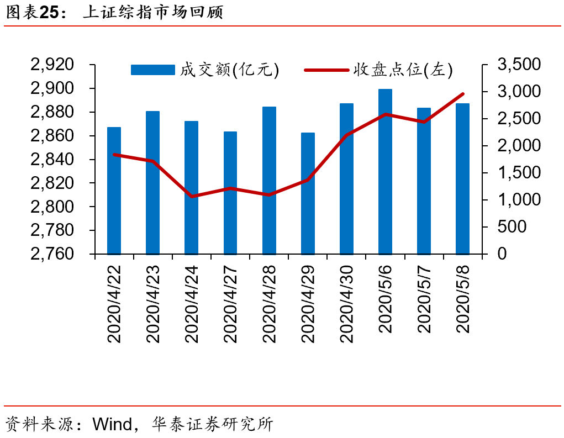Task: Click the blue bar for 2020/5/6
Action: tap(385, 171)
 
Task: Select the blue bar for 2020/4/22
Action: tap(114, 191)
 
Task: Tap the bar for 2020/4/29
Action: tap(308, 193)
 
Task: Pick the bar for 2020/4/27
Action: tap(230, 193)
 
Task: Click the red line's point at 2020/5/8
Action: tap(462, 94)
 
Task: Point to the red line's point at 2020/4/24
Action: tap(192, 196)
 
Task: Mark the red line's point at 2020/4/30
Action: tap(346, 135)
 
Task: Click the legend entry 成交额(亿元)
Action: tap(204, 70)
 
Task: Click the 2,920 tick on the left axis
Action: tap(53, 65)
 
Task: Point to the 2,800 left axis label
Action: tap(53, 207)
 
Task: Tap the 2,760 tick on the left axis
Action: tap(53, 254)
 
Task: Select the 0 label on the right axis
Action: tap(502, 254)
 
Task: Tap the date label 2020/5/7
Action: tap(424, 298)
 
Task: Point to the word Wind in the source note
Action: tap(112, 424)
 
